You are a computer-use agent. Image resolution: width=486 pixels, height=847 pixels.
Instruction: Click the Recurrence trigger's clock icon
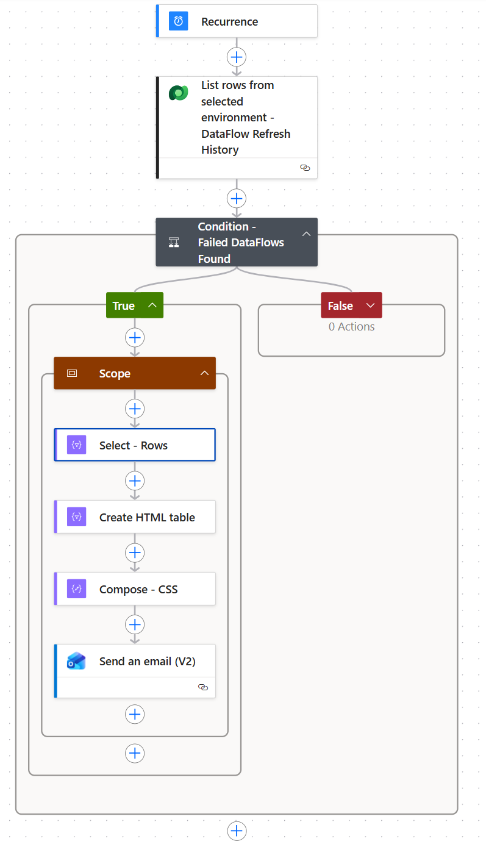178,21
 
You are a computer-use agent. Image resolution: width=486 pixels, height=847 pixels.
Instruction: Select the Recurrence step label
229,22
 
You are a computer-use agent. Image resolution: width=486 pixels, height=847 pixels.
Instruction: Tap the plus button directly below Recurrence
237,57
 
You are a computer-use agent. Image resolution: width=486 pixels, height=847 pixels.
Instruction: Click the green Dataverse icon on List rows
179,93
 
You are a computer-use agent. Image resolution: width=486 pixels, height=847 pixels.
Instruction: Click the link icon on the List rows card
305,168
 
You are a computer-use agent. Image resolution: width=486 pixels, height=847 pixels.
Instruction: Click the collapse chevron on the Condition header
306,234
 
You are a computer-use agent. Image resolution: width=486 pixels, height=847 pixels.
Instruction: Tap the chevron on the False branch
371,305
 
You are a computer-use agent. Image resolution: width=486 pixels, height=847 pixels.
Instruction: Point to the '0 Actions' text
351,327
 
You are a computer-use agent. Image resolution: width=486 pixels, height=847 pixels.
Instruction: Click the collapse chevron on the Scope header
205,373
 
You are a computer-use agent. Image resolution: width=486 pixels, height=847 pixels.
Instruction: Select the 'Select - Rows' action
135,445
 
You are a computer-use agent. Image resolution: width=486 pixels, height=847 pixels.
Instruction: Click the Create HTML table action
135,517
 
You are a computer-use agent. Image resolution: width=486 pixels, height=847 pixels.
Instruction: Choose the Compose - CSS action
135,588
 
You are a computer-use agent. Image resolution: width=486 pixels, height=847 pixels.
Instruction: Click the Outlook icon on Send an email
76,661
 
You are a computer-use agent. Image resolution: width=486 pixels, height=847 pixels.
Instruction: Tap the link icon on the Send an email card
203,687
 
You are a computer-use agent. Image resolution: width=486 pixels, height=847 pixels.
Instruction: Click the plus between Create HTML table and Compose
135,553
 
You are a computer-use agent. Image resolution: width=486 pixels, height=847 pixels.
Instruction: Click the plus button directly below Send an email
135,714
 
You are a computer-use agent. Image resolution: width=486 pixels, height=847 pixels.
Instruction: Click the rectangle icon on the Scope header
72,373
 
